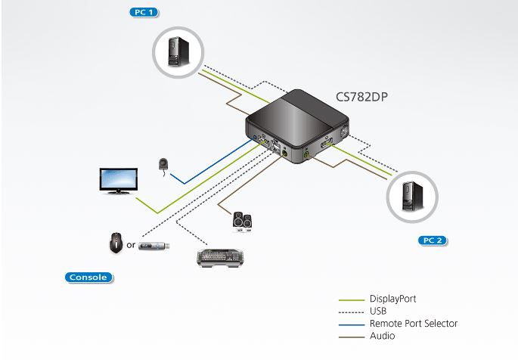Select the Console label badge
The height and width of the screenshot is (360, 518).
[87, 278]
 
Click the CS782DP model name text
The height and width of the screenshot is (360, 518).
[365, 97]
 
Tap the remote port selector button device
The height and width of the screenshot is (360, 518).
[164, 166]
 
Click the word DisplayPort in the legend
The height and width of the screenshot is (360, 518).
[392, 299]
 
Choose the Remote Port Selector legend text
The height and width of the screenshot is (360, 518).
[413, 323]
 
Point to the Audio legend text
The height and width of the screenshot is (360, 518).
[382, 335]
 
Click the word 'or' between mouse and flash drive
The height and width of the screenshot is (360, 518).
[131, 245]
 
